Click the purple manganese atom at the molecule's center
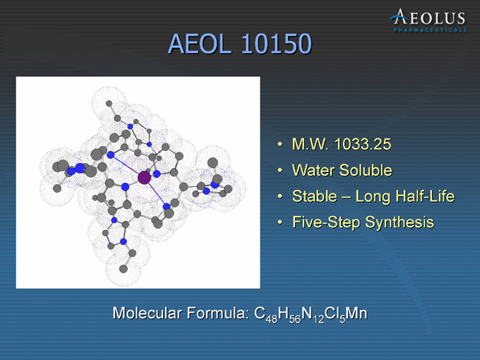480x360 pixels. pos(144,177)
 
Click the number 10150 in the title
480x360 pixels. pos(277,44)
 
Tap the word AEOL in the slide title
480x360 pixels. pos(199,44)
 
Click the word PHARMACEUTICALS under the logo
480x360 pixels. pos(430,30)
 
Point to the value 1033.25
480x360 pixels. pos(363,144)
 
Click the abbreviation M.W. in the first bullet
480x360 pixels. pos(311,144)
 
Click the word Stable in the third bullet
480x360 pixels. pos(314,196)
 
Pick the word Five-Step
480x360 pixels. pos(325,222)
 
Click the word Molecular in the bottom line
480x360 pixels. pos(148,313)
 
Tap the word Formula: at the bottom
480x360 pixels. pos(217,313)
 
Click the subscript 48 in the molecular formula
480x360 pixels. pos(272,319)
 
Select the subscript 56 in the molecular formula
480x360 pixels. pos(294,319)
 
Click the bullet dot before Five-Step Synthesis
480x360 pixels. pos(280,222)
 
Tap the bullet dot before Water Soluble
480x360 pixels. pos(280,171)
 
